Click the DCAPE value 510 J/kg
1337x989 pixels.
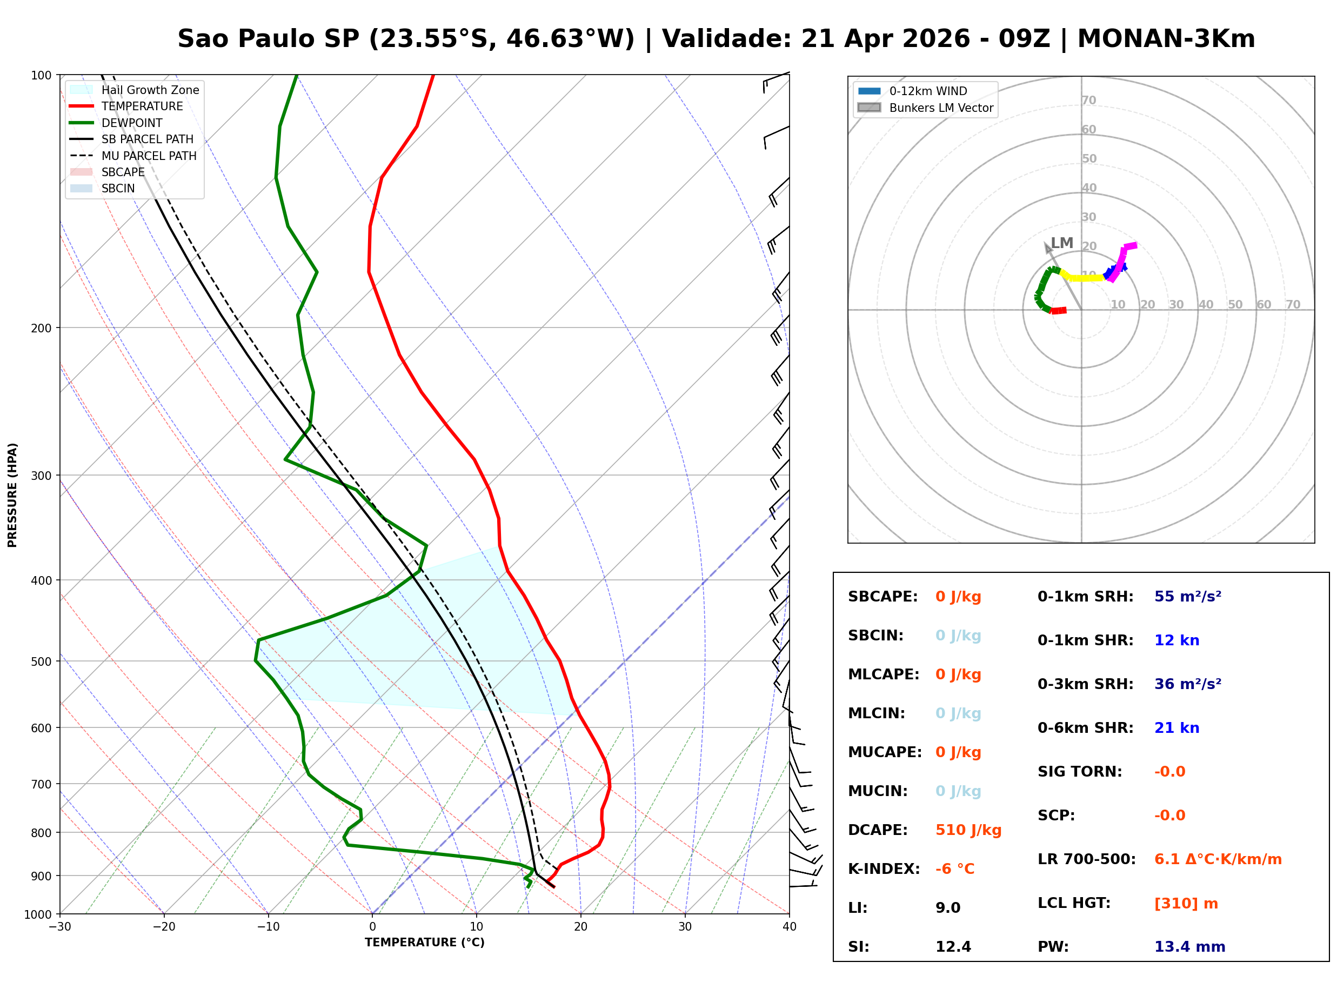[x=968, y=830]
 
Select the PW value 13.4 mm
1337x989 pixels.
[x=1189, y=947]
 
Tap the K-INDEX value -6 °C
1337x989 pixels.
[x=954, y=869]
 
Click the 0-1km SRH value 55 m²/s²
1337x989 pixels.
[x=1187, y=597]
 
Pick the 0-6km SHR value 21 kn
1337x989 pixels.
[x=1176, y=728]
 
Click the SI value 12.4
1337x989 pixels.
[x=953, y=947]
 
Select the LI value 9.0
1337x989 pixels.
[x=948, y=908]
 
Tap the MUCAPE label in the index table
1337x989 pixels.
[x=885, y=752]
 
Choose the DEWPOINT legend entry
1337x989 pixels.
[x=132, y=123]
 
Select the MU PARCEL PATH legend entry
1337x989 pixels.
[x=149, y=156]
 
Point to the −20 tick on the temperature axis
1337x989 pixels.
[x=163, y=927]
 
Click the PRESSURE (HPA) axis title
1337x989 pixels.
[x=12, y=495]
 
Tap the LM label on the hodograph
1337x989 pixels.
[x=1062, y=243]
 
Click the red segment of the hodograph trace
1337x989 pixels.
[x=1059, y=311]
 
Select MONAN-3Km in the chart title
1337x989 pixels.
[x=1166, y=39]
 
